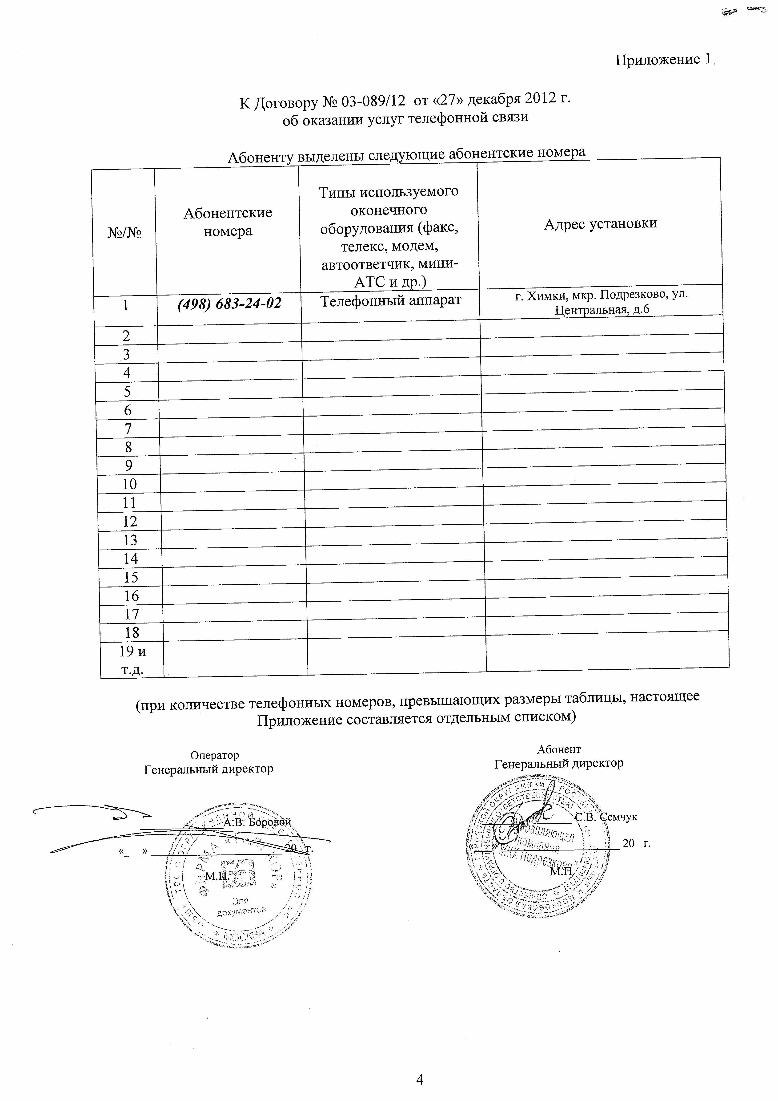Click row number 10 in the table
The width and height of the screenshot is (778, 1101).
pos(129,484)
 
